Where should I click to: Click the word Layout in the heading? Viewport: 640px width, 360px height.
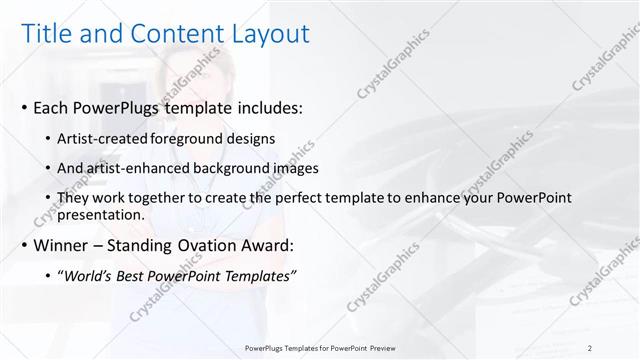tap(265, 34)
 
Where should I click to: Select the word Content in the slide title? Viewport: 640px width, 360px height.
tap(175, 34)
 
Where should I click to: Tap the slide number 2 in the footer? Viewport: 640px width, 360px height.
tap(589, 348)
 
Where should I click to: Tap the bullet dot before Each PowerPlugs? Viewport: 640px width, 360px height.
tap(24, 107)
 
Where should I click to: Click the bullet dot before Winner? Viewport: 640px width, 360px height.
tap(24, 245)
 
